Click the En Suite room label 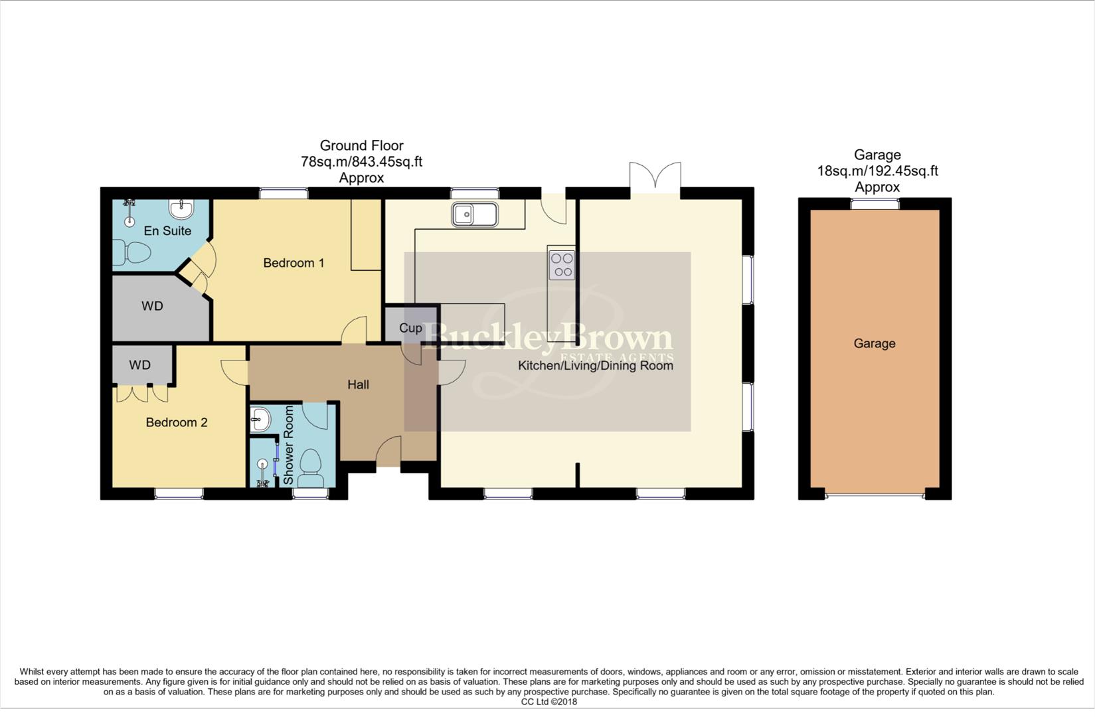pyautogui.click(x=167, y=231)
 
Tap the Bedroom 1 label pyautogui.click(x=294, y=263)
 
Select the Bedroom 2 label pyautogui.click(x=177, y=422)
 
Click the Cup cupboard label pyautogui.click(x=410, y=328)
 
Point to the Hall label pyautogui.click(x=358, y=384)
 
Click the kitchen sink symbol pyautogui.click(x=474, y=214)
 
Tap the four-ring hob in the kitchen pyautogui.click(x=562, y=265)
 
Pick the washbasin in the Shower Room pyautogui.click(x=260, y=419)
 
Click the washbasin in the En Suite pyautogui.click(x=181, y=209)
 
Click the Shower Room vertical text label pyautogui.click(x=288, y=445)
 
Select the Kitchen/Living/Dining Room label pyautogui.click(x=595, y=366)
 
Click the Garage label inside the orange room pyautogui.click(x=874, y=343)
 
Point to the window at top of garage pyautogui.click(x=875, y=204)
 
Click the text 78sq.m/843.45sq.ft pyautogui.click(x=361, y=161)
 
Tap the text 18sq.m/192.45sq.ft pyautogui.click(x=877, y=171)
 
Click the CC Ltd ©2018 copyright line pyautogui.click(x=548, y=702)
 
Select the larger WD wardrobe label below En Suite pyautogui.click(x=152, y=306)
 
